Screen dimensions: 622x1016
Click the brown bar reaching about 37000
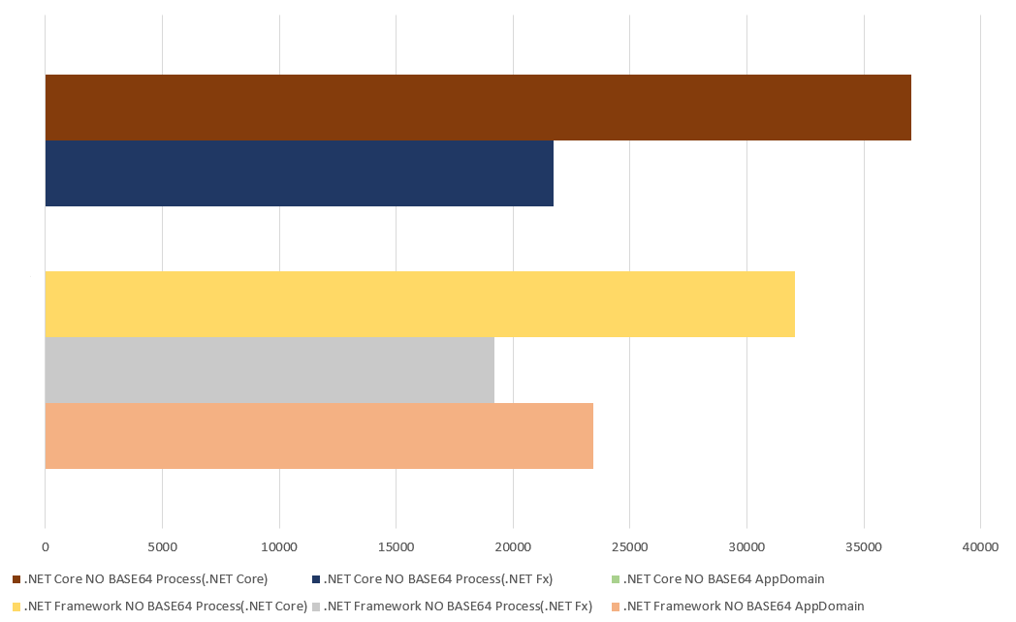click(478, 108)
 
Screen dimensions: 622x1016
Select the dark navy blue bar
click(299, 173)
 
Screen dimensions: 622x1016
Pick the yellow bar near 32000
click(420, 304)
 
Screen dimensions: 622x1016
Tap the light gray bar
click(270, 370)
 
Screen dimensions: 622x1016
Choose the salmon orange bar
click(319, 436)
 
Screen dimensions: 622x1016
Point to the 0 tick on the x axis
click(46, 547)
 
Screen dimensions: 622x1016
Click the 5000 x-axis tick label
click(162, 547)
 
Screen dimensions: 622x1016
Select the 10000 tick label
click(279, 547)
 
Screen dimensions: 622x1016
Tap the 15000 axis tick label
click(396, 547)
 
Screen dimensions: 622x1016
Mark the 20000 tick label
click(513, 547)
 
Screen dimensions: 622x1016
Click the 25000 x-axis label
click(629, 547)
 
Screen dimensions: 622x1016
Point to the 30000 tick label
click(746, 547)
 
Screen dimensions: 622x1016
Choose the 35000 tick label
click(863, 547)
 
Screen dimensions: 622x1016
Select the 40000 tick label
click(980, 547)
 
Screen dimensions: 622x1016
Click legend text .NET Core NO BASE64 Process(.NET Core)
click(145, 579)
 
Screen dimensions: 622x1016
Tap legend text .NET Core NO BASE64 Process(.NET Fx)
click(437, 579)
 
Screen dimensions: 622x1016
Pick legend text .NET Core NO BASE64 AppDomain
click(723, 579)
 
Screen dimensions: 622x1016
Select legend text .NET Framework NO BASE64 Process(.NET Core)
click(165, 606)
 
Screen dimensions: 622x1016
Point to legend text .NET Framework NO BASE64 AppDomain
click(743, 606)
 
